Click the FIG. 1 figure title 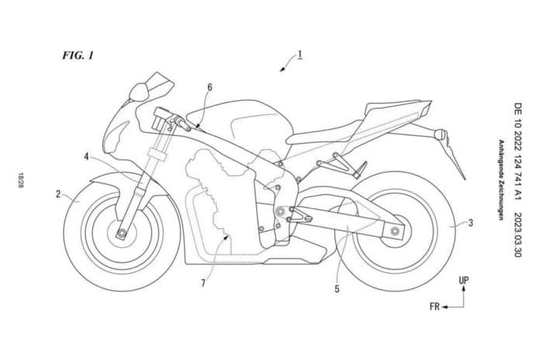[78, 55]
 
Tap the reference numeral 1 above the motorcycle [300, 55]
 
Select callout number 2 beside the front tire [58, 194]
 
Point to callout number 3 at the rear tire [470, 223]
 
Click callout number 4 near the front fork [86, 157]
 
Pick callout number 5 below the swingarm [337, 289]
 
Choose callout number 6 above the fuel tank [209, 88]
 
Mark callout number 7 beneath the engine [203, 283]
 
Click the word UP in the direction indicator [463, 280]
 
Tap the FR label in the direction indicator [434, 306]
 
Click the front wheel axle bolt [121, 234]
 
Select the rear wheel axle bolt [395, 231]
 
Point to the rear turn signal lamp [439, 133]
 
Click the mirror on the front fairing [139, 92]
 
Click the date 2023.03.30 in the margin [517, 235]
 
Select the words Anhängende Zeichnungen [501, 179]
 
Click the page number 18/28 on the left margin [21, 180]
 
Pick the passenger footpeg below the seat [360, 170]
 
